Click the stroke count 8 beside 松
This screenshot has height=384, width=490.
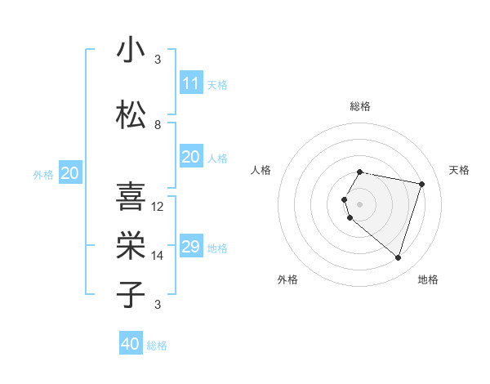(x=158, y=125)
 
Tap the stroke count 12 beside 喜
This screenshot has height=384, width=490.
(x=158, y=207)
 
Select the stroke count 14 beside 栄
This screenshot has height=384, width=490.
(x=158, y=256)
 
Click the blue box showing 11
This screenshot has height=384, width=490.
(x=190, y=83)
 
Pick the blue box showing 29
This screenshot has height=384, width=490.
(x=190, y=247)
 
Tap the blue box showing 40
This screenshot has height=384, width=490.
(x=131, y=344)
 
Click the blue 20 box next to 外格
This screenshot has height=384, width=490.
(x=69, y=173)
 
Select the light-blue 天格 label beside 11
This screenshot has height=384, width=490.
(x=217, y=84)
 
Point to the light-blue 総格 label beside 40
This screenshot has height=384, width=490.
(x=157, y=346)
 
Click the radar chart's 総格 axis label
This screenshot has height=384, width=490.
(x=360, y=106)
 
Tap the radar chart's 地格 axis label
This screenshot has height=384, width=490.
(x=428, y=279)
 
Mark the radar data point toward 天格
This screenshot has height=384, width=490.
(x=421, y=184)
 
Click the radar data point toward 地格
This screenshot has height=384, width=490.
(x=398, y=258)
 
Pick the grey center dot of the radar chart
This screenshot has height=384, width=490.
(x=360, y=203)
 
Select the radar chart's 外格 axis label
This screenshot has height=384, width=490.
(x=287, y=279)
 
